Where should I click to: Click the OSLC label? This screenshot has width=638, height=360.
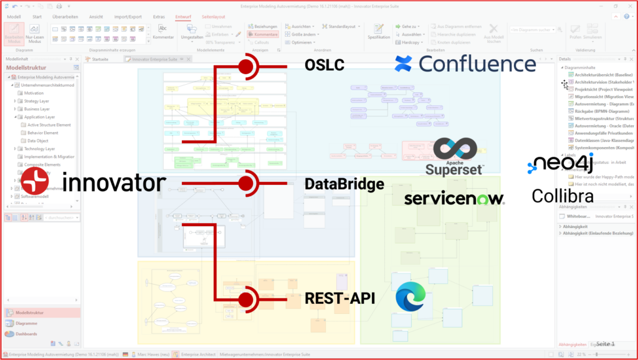point(324,65)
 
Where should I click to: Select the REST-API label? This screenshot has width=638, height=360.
point(340,299)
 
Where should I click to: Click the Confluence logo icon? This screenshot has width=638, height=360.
point(404,64)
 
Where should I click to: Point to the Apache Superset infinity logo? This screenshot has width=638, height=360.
point(455,148)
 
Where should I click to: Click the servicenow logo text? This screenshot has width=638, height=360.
point(454,199)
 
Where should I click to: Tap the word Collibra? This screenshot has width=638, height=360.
point(562,196)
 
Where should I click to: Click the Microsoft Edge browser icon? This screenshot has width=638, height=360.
point(411,297)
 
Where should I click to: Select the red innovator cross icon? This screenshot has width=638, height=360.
point(36,183)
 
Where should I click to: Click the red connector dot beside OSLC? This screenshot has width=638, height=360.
point(247,65)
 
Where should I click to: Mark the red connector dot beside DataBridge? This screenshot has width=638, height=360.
point(247,183)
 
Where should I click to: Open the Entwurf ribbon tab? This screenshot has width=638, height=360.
point(183,17)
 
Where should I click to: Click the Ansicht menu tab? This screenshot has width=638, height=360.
point(96,17)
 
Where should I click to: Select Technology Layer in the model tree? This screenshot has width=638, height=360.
point(40,149)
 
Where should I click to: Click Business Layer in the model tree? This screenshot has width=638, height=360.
point(38,109)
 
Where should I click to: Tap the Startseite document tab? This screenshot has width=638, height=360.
point(100,59)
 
